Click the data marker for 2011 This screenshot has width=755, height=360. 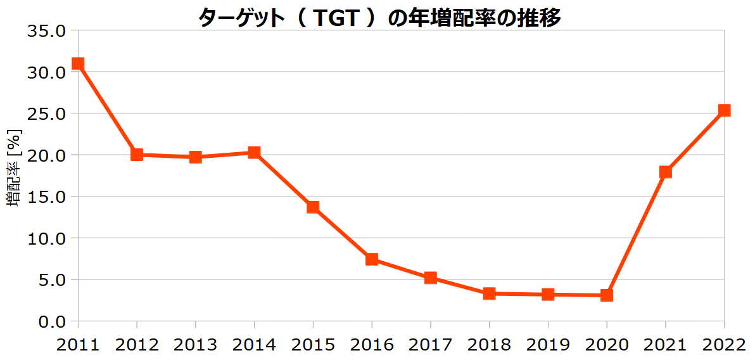tap(78, 63)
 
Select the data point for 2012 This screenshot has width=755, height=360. tap(137, 154)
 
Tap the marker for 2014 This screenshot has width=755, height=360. tap(254, 152)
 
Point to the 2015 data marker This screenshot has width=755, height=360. tap(313, 207)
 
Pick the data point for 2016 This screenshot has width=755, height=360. tap(372, 259)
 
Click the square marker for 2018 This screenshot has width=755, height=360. tap(489, 293)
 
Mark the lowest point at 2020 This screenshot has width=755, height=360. tap(607, 295)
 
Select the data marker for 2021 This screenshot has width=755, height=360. tap(665, 172)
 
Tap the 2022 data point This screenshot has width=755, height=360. tap(724, 110)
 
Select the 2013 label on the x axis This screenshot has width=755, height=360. tap(195, 345)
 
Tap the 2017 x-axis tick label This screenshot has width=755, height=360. tap(430, 345)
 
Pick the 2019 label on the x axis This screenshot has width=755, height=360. tap(548, 345)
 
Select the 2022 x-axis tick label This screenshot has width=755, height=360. tap(724, 345)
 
